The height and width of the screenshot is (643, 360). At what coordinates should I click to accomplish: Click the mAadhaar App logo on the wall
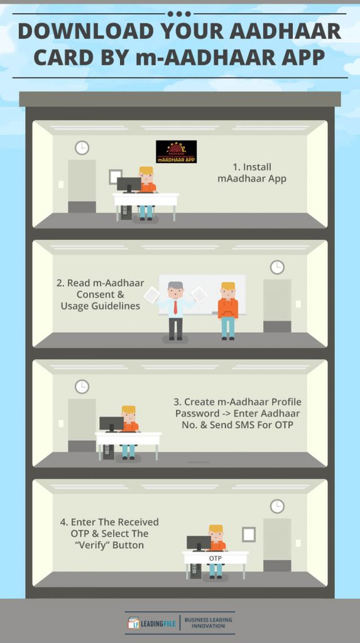point(176,152)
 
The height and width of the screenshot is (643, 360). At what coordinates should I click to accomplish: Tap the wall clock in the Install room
point(82,148)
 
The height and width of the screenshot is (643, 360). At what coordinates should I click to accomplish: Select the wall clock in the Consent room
point(277,267)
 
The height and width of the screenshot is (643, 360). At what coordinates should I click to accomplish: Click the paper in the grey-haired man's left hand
point(199,294)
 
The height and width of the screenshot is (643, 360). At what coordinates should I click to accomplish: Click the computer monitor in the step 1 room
point(129,185)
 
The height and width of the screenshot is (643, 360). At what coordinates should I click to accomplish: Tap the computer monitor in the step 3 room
point(111,424)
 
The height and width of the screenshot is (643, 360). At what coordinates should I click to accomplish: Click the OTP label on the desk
point(215,558)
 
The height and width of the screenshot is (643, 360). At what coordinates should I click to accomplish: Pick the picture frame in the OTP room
point(249,534)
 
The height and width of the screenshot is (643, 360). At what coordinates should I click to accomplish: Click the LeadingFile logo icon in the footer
point(133,622)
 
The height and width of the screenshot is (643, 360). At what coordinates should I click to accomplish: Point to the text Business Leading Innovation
point(208,622)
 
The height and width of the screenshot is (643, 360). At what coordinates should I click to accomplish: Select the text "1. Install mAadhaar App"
point(251,173)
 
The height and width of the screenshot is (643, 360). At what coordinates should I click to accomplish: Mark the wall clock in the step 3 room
point(82,387)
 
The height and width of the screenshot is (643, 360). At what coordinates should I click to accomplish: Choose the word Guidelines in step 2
point(101,306)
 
